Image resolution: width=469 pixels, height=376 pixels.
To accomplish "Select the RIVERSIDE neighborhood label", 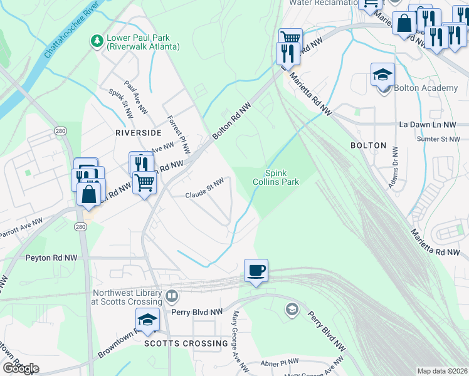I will [x=134, y=133].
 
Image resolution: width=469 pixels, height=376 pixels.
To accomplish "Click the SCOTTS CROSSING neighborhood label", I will [x=186, y=343].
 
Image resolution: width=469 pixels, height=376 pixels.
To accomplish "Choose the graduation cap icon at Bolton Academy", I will [x=382, y=75].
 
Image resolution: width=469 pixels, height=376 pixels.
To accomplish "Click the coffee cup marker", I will [x=256, y=271].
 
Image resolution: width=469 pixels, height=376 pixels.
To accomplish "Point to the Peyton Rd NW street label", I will [x=50, y=258].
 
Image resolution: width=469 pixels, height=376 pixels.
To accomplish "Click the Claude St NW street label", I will [x=204, y=196].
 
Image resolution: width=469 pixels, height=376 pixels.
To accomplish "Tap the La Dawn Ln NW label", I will [x=429, y=125].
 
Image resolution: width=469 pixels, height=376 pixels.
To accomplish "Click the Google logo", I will [x=20, y=368].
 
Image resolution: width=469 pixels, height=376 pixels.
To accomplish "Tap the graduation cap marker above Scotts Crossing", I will [x=147, y=320].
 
